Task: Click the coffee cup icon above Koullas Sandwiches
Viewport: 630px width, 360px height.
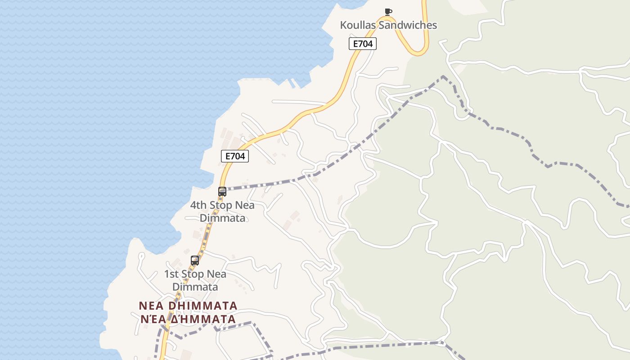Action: tap(388, 12)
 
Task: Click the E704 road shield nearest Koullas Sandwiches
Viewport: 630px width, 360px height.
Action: tap(362, 44)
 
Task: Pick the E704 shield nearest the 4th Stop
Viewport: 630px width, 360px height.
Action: tap(235, 156)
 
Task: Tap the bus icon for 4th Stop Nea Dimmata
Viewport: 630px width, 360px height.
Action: tap(222, 191)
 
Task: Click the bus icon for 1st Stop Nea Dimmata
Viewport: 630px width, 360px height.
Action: tap(195, 260)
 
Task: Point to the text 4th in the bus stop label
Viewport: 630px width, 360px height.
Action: tap(198, 205)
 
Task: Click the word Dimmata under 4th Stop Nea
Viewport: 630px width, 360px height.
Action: tap(223, 218)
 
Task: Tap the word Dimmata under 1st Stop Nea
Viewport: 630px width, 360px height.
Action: tap(195, 287)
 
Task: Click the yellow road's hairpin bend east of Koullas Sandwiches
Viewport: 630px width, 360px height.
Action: tap(420, 52)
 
